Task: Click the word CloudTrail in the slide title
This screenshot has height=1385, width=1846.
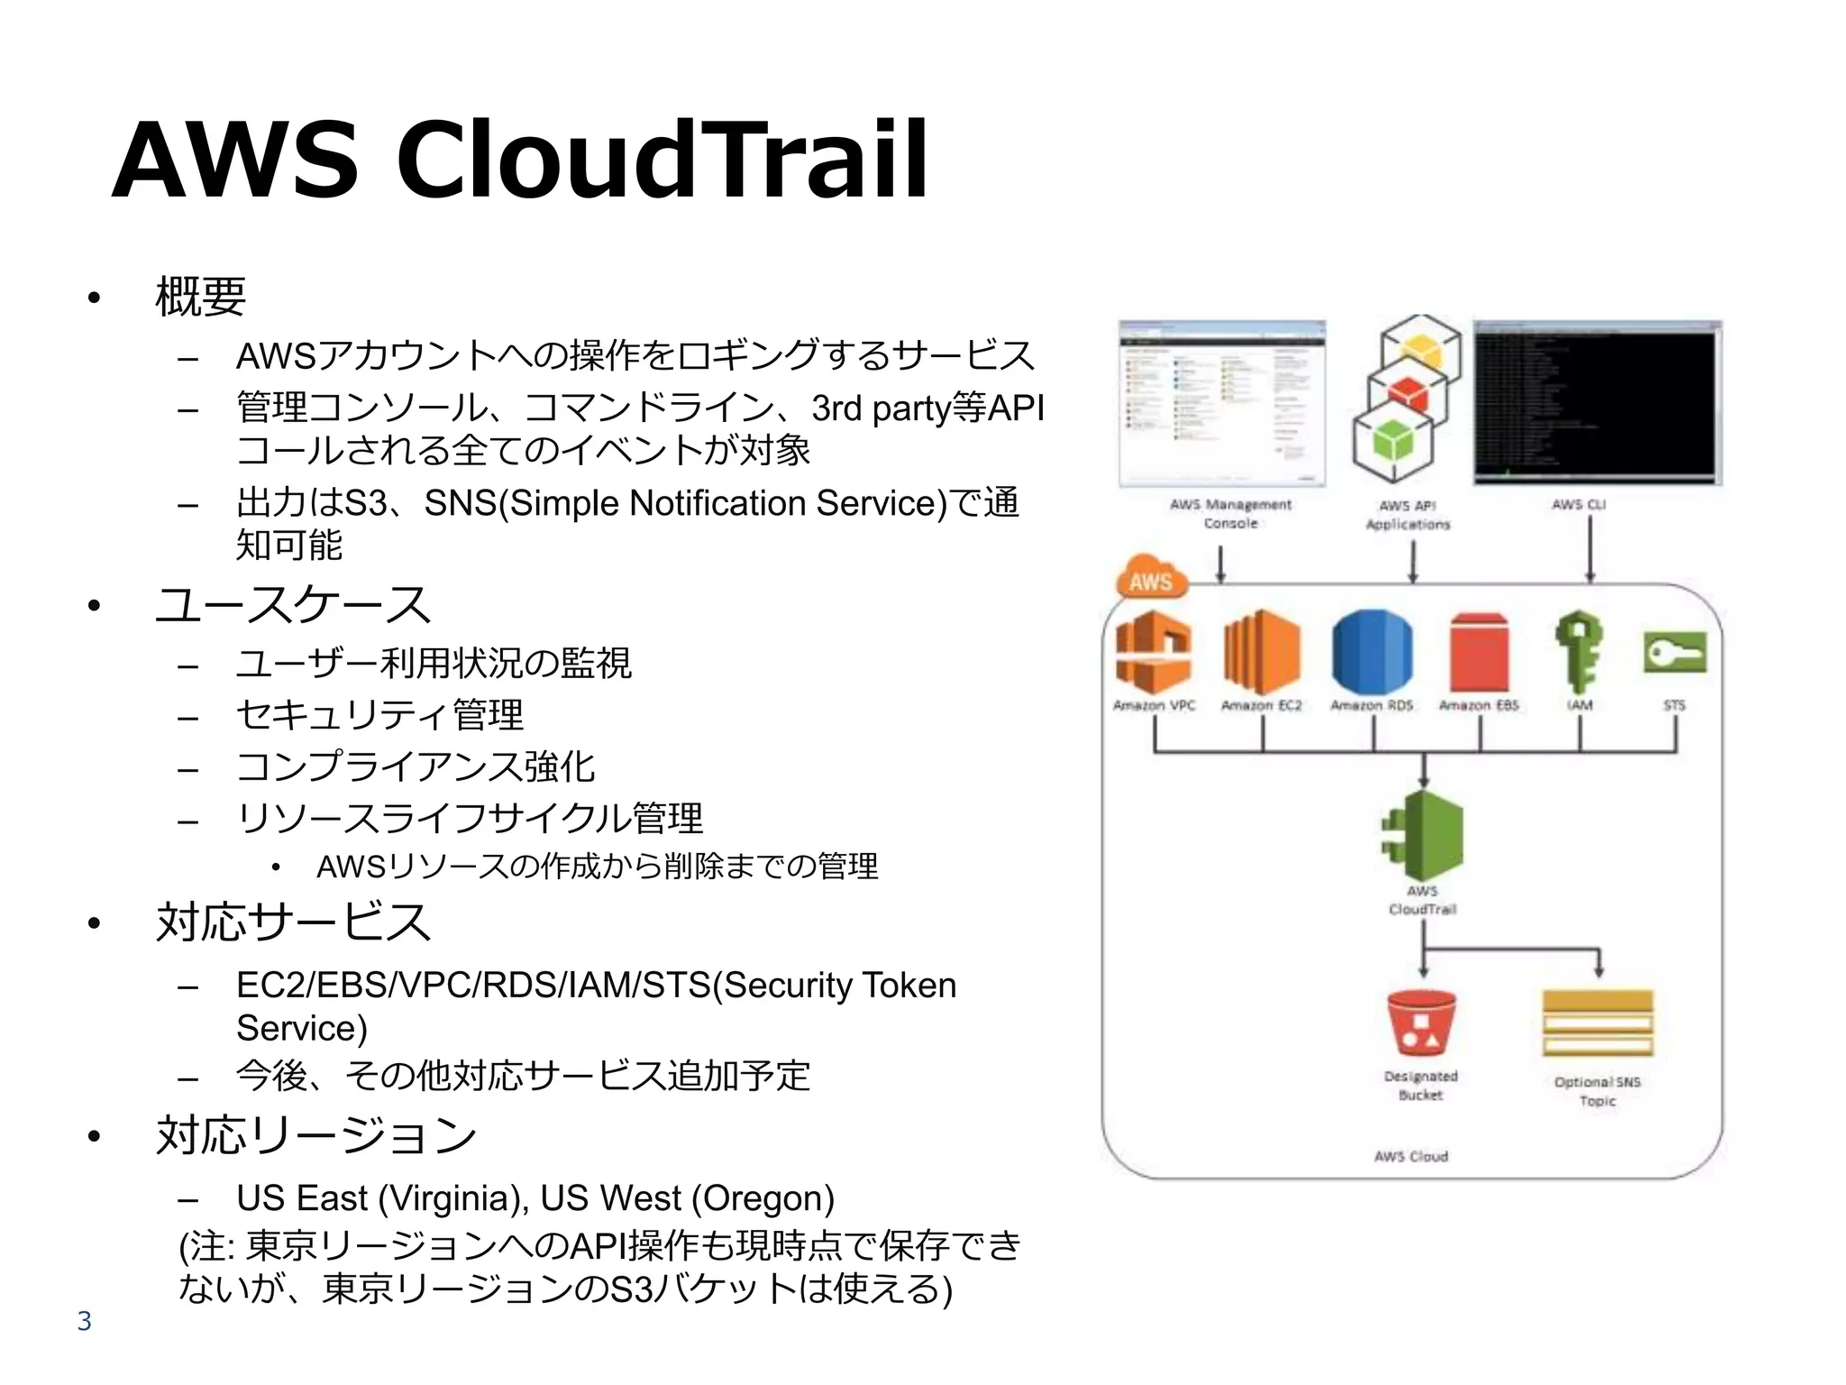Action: click(x=663, y=161)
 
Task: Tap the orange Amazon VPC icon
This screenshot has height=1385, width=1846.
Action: click(x=1153, y=651)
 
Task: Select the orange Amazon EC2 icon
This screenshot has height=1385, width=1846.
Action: click(x=1261, y=651)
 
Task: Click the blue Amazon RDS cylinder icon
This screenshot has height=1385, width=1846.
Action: click(x=1372, y=651)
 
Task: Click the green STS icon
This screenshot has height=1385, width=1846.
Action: click(x=1674, y=653)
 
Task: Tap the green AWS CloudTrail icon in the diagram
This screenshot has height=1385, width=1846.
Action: click(x=1423, y=836)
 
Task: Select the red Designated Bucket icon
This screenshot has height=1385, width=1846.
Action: click(x=1421, y=1023)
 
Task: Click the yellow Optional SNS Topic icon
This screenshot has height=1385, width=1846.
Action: click(x=1597, y=1023)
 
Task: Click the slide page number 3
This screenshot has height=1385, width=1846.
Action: click(x=84, y=1321)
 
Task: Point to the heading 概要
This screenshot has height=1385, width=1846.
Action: click(x=200, y=296)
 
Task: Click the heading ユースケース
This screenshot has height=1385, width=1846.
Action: click(x=293, y=604)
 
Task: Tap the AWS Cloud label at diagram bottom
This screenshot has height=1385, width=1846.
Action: click(x=1411, y=1157)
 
